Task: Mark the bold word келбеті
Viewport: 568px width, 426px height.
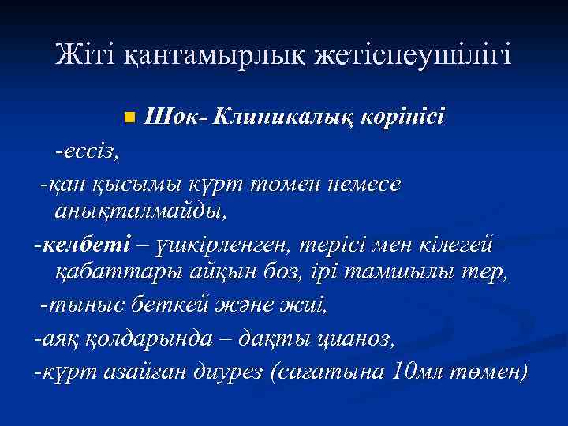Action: (x=77, y=244)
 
